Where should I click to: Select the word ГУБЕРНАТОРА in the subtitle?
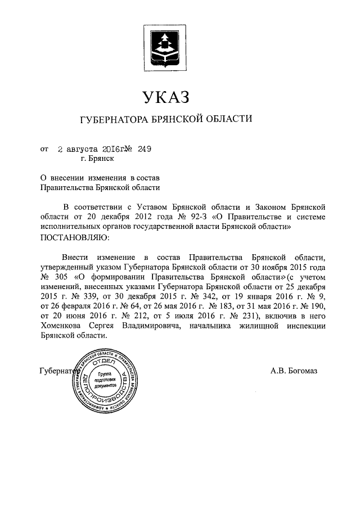[111, 119]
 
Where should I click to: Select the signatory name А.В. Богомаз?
[294, 371]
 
